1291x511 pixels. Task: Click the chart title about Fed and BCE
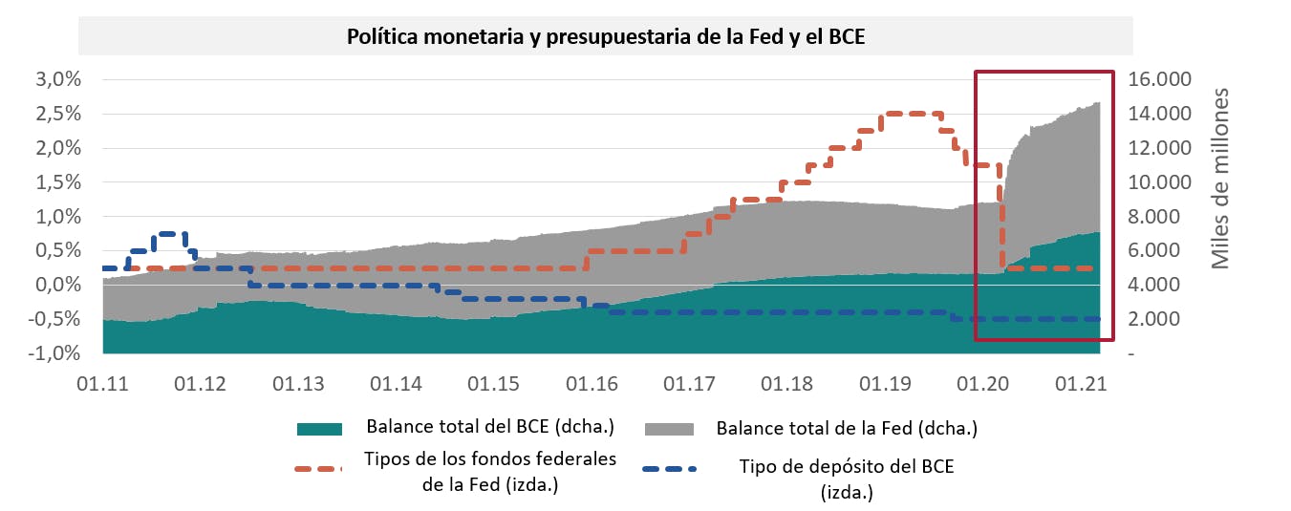pyautogui.click(x=604, y=37)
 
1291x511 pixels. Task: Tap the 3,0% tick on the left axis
pyautogui.click(x=58, y=79)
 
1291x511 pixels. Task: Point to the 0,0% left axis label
pyautogui.click(x=58, y=285)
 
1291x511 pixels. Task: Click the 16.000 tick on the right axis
pyautogui.click(x=1162, y=79)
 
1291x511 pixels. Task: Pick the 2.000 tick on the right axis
pyautogui.click(x=1162, y=319)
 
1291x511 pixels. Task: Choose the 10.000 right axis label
pyautogui.click(x=1162, y=181)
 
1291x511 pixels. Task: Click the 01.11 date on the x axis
pyautogui.click(x=103, y=385)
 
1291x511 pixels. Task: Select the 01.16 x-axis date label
pyautogui.click(x=593, y=385)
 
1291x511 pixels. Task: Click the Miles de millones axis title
pyautogui.click(x=1220, y=179)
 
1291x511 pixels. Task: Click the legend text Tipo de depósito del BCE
pyautogui.click(x=847, y=466)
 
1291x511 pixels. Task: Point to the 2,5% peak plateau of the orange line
pyautogui.click(x=913, y=114)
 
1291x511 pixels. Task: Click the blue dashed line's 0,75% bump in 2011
pyautogui.click(x=172, y=233)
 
